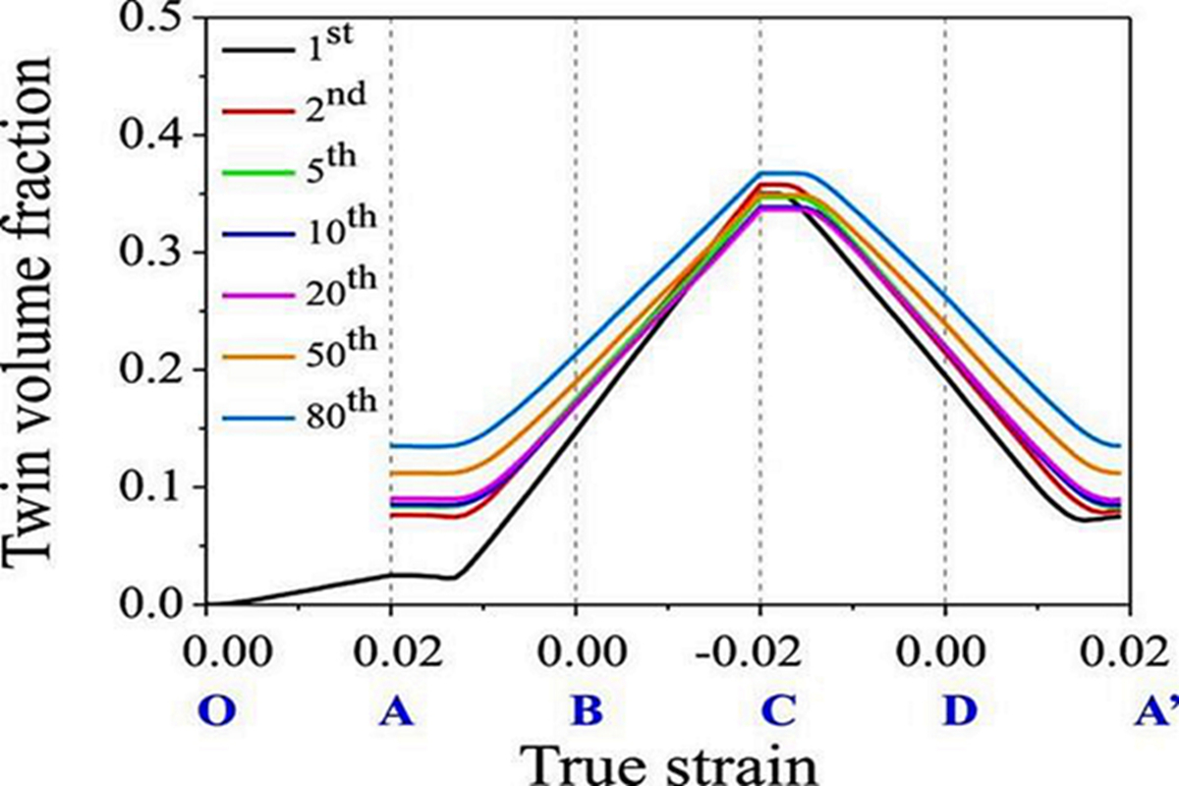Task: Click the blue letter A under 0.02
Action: [394, 710]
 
